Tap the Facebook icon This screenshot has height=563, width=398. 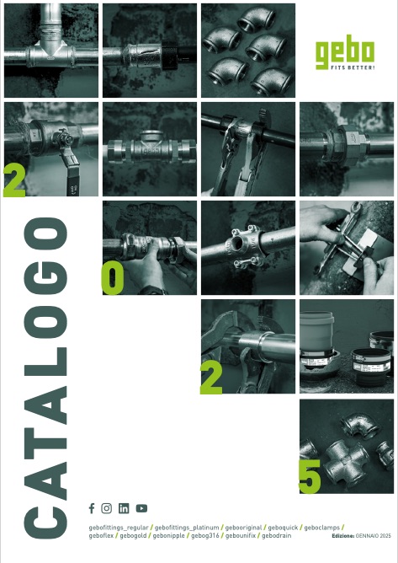tap(92, 508)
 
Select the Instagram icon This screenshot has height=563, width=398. tap(107, 508)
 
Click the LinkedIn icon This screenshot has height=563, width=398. tap(124, 508)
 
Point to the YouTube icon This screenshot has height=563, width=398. tap(141, 508)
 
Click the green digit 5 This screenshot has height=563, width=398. tap(310, 476)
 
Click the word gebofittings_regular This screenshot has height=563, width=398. tap(119, 528)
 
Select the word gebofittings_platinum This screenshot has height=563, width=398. tap(187, 528)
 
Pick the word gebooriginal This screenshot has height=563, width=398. tap(243, 528)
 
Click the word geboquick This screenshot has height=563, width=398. tap(283, 528)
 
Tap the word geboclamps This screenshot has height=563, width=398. tap(322, 528)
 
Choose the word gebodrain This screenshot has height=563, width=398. tap(277, 536)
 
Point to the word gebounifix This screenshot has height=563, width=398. tap(241, 536)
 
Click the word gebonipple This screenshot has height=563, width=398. tap(168, 536)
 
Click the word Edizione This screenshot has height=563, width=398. tap(343, 536)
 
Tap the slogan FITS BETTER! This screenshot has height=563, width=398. tap(350, 67)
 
